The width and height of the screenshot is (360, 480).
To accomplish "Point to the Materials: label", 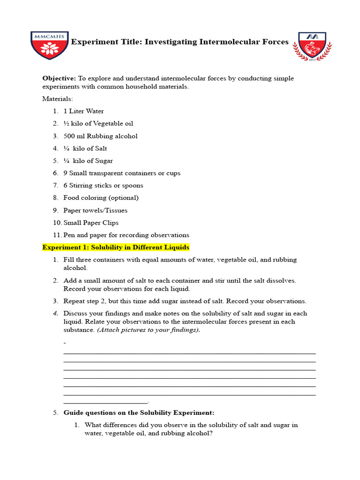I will (x=58, y=99).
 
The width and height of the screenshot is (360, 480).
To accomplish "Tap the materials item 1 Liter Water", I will (x=83, y=112).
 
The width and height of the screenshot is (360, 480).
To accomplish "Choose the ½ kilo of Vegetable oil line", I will (x=98, y=124).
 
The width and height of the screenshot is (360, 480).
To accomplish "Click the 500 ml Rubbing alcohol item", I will (x=100, y=136).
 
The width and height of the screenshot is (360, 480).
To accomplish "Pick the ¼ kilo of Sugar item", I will (x=88, y=161).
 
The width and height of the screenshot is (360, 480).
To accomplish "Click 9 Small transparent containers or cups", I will (x=122, y=173).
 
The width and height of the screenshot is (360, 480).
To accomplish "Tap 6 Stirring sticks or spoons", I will (x=103, y=186).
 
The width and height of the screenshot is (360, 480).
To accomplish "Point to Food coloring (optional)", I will (x=101, y=198).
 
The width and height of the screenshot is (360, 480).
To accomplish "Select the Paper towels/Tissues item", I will (x=95, y=210).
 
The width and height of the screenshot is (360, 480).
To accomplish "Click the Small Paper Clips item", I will (x=91, y=223).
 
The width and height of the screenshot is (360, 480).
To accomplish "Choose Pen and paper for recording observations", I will (x=126, y=235).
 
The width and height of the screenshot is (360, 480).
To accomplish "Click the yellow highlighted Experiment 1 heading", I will (x=116, y=247).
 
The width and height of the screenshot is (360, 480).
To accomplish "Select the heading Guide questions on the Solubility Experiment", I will (x=139, y=413).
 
